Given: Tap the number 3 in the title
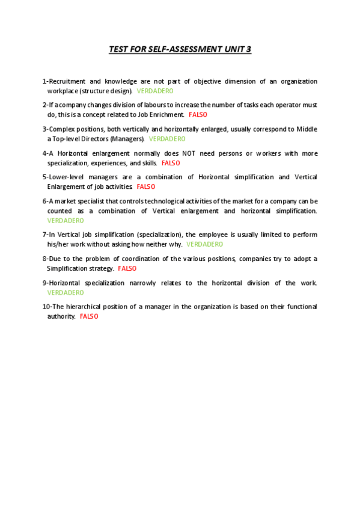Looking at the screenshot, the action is click(248, 49).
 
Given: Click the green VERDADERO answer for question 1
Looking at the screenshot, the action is click(155, 91).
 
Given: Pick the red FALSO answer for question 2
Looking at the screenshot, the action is click(198, 114).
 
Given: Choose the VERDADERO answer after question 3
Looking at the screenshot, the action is click(167, 138).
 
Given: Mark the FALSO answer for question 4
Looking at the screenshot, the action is click(171, 163).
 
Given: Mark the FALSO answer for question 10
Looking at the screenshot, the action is click(89, 316).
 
